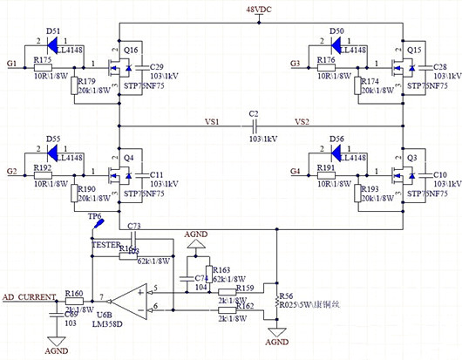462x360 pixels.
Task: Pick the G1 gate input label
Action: [x=11, y=64]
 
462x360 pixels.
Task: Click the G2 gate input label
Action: [x=11, y=171]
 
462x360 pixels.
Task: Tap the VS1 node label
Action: [x=212, y=121]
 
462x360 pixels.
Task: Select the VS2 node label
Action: [x=302, y=121]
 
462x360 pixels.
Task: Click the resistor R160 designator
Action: [x=74, y=294]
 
